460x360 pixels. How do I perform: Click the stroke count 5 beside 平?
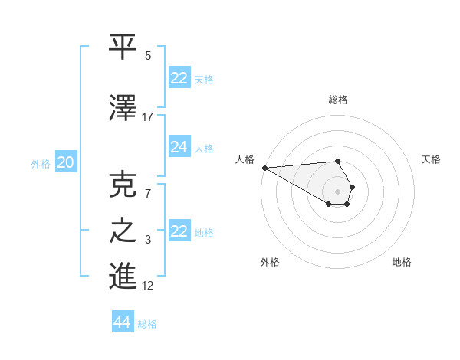coord(148,56)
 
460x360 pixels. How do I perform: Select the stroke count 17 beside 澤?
coord(148,116)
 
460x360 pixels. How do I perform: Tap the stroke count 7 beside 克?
coord(148,193)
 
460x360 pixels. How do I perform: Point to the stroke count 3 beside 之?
coord(148,240)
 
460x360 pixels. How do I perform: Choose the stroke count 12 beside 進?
coord(148,286)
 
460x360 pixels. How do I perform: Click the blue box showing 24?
coord(179,147)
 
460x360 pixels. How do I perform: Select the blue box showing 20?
coord(65,162)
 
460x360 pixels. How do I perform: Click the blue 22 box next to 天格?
coord(179,78)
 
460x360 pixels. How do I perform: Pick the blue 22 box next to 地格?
coord(179,231)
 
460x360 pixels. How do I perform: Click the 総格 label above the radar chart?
coord(338,100)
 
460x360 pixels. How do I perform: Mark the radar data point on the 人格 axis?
coord(264,168)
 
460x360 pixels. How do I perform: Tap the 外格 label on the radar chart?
coord(270,262)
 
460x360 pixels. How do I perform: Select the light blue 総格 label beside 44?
coord(147,324)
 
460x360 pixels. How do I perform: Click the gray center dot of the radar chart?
coord(338,191)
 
